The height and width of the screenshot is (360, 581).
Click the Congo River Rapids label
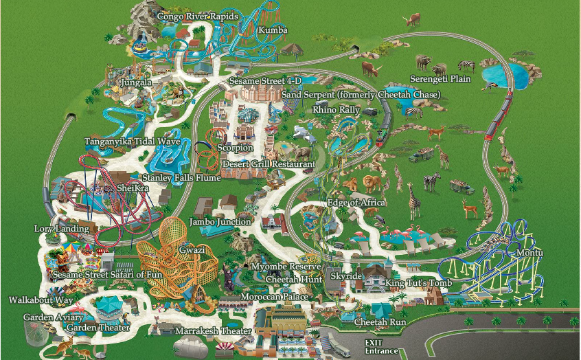click(x=197, y=16)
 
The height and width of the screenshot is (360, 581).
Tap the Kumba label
click(x=273, y=30)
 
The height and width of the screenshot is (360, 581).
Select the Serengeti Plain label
click(x=440, y=79)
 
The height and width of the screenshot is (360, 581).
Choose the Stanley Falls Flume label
click(x=181, y=178)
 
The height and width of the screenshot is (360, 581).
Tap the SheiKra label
click(x=133, y=188)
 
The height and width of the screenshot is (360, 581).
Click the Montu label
click(x=529, y=254)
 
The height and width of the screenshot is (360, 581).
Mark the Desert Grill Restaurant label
click(x=268, y=165)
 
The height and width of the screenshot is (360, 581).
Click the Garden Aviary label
click(x=53, y=318)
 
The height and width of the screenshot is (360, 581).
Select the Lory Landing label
click(x=62, y=228)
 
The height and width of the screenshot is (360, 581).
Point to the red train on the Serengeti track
click(x=499, y=116)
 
